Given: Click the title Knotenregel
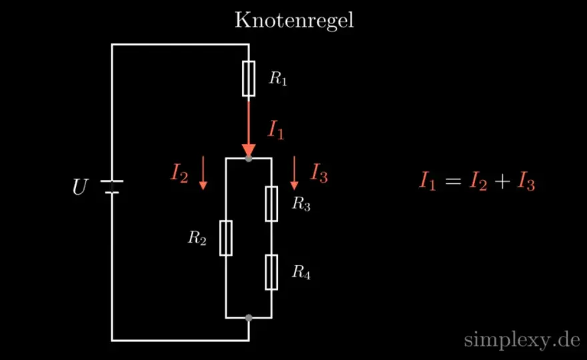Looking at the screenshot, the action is (294, 21).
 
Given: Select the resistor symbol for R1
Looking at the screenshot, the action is (249, 79).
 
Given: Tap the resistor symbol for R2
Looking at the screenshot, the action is (225, 239).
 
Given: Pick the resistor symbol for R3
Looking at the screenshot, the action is (271, 204).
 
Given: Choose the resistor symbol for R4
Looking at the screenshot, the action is (271, 273).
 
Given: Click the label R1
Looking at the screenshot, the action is (278, 79).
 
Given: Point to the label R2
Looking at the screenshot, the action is (197, 238).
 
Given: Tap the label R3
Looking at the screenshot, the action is (302, 204).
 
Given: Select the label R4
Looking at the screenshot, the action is (302, 273).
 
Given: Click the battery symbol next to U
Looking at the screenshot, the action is (112, 187).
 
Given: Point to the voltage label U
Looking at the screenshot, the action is (81, 187).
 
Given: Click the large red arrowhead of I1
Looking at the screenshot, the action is (249, 151).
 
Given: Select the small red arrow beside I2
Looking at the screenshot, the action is (203, 173).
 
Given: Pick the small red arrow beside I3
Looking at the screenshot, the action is (294, 173).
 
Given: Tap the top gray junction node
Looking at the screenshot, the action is (249, 159).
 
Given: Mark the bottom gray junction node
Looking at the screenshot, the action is (249, 318).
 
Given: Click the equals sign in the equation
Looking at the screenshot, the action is (453, 181).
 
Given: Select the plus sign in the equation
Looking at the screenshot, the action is (502, 181).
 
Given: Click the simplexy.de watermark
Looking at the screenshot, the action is (522, 340).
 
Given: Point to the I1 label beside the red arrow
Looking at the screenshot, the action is (276, 130).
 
